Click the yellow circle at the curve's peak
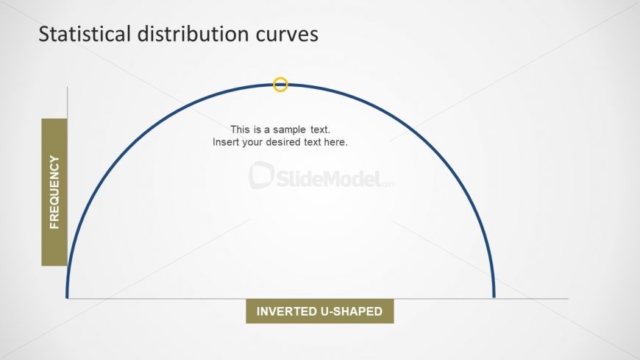tap(280, 85)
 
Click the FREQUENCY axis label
tap(54, 191)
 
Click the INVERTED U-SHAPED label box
tap(319, 311)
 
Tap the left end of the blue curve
tap(67, 296)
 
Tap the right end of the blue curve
tap(494, 296)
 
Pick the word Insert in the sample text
tap(227, 142)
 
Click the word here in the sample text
tap(335, 142)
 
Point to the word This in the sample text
tap(241, 129)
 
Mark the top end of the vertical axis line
tap(67, 88)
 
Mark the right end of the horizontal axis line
tap(568, 298)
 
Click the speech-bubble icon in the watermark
tap(261, 176)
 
